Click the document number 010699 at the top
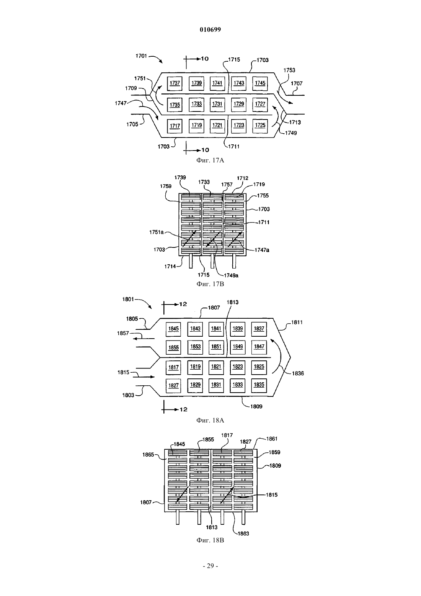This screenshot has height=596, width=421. (210, 29)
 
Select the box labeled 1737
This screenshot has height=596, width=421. (175, 83)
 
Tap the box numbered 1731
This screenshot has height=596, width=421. (217, 104)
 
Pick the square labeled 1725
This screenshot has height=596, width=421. (260, 125)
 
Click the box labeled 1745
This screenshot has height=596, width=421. (260, 83)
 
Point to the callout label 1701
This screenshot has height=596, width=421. (141, 56)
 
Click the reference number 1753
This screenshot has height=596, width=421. (289, 70)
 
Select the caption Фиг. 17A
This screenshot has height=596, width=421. (210, 160)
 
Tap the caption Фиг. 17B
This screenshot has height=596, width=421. (210, 284)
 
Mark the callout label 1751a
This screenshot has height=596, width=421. (157, 232)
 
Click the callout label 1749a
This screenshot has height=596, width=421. (231, 275)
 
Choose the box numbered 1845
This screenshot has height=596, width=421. (173, 329)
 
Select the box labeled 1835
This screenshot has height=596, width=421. (259, 385)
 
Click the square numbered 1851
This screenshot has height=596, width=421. (216, 347)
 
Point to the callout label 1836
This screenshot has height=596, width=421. (298, 373)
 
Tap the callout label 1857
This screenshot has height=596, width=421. (123, 333)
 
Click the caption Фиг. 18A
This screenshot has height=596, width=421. (210, 420)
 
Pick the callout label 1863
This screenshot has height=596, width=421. (243, 534)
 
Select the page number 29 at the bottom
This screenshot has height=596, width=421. (210, 566)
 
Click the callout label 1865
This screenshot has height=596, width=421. (148, 455)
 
